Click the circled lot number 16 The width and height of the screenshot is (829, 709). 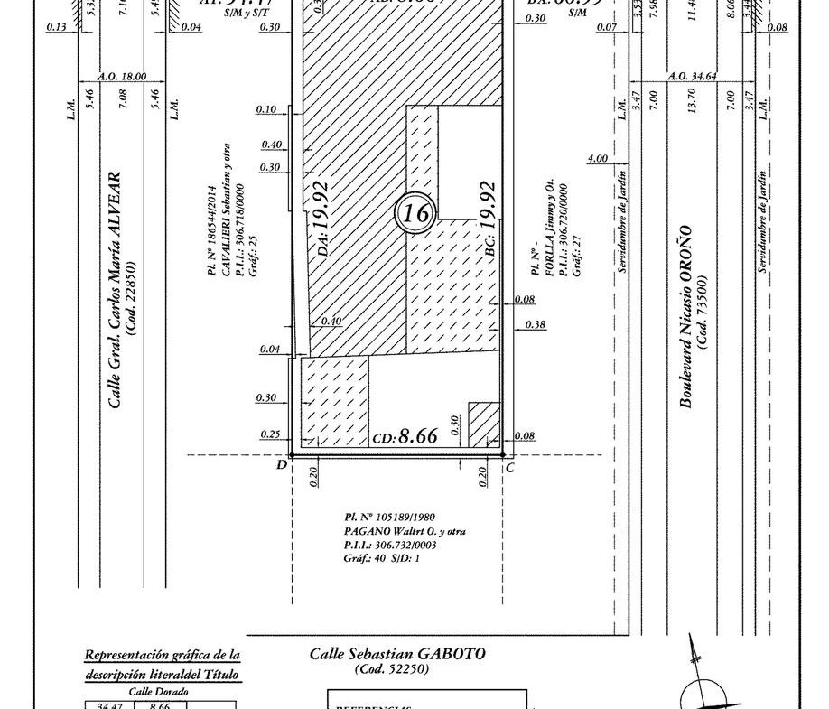coord(415,213)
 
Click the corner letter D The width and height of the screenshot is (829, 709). coord(282,466)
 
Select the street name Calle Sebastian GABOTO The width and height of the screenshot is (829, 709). coord(396,654)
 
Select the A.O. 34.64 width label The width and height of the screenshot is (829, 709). coord(692,78)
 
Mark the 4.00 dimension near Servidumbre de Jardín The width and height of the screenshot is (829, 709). coord(597,159)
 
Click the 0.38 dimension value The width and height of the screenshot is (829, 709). coord(535,324)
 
